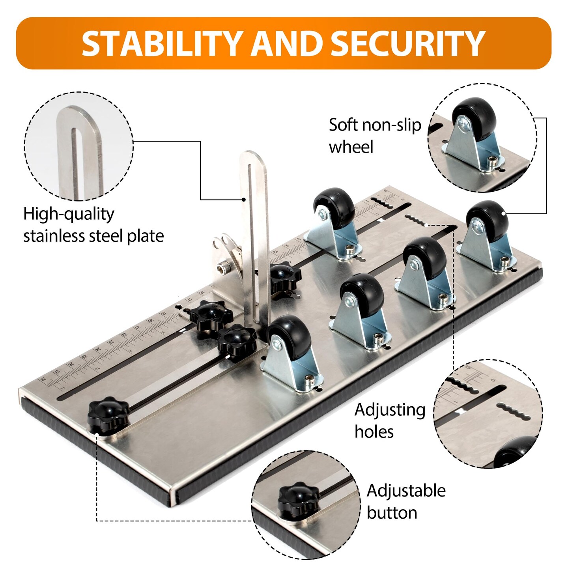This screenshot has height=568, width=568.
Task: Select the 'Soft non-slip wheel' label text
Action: click(x=375, y=136)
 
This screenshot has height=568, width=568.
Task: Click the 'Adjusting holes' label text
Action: click(x=390, y=420)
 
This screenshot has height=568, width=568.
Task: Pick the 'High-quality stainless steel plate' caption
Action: click(x=93, y=225)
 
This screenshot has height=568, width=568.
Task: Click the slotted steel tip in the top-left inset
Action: click(x=80, y=152)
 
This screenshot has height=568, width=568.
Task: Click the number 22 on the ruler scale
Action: click(x=124, y=335)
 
